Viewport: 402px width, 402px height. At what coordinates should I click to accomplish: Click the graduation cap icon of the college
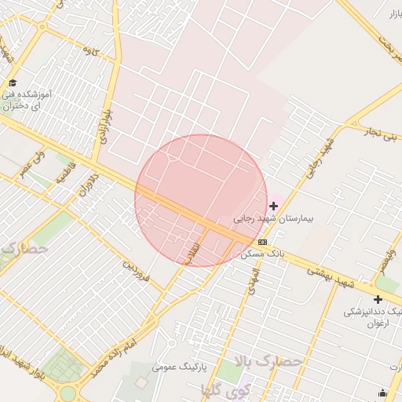pyautogui.click(x=12, y=83)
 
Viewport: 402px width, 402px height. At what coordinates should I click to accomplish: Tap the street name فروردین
pyautogui.click(x=135, y=270)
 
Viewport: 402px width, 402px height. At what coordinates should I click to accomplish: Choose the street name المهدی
pyautogui.click(x=251, y=280)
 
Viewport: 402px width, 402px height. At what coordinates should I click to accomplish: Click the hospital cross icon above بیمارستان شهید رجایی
pyautogui.click(x=273, y=206)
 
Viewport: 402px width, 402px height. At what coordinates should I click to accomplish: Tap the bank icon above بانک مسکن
pyautogui.click(x=262, y=242)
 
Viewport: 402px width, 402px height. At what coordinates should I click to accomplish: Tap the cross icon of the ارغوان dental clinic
pyautogui.click(x=378, y=299)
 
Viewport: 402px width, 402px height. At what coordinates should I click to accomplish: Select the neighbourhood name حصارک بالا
pyautogui.click(x=269, y=362)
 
